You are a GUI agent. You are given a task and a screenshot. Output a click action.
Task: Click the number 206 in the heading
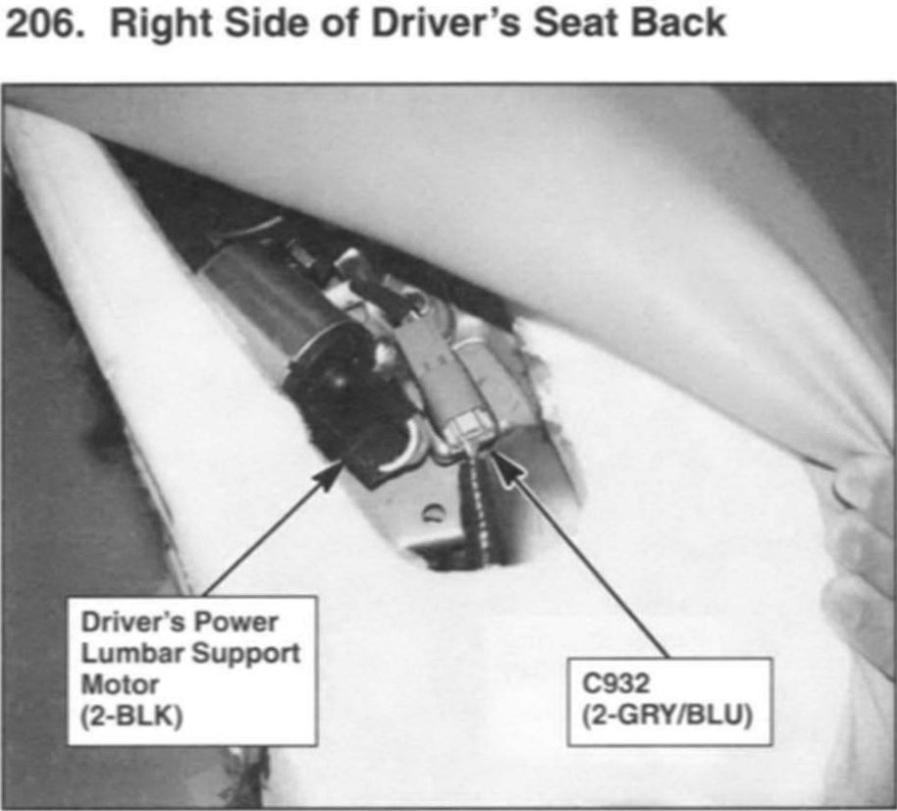pyautogui.click(x=41, y=24)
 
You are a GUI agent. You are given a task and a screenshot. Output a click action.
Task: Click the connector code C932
pyautogui.click(x=615, y=682)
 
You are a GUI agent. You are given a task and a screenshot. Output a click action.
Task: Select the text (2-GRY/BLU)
pyautogui.click(x=667, y=715)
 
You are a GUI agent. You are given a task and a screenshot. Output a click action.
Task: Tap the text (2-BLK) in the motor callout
pyautogui.click(x=132, y=716)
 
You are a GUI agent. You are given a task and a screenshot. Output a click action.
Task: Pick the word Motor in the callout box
pyautogui.click(x=120, y=684)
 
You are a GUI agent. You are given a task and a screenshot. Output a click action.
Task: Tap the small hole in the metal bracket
pyautogui.click(x=433, y=513)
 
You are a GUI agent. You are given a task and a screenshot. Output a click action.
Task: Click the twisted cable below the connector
pyautogui.click(x=478, y=510)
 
